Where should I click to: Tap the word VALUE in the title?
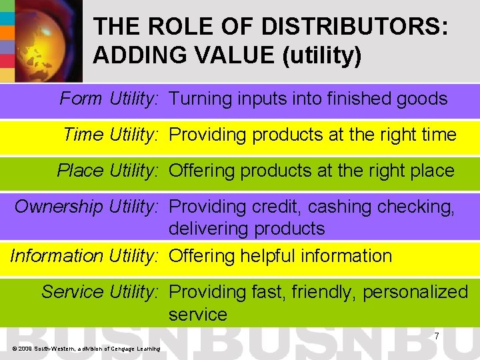coord(219,55)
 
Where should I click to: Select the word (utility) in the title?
coord(322,55)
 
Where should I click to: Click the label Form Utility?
coord(109,99)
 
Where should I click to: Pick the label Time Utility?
coord(110,135)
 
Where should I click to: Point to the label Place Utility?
coord(107,171)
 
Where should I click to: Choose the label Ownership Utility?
coord(86,207)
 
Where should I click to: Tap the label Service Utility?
coord(99,292)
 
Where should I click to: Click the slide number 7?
coord(436,336)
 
